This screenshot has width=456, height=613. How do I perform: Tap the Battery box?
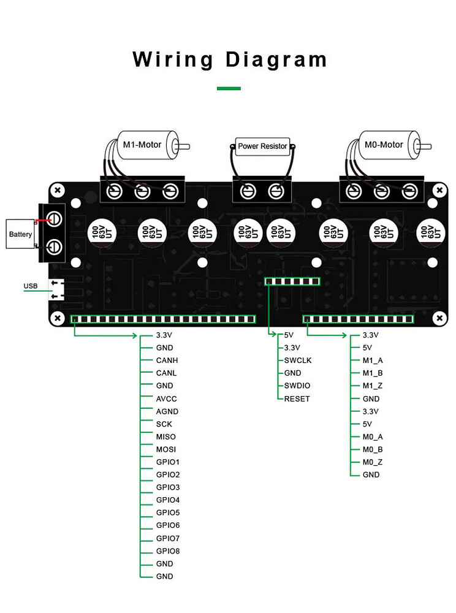point(21,234)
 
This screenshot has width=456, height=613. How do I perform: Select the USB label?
point(31,286)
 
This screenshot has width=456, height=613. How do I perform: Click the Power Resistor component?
point(262,147)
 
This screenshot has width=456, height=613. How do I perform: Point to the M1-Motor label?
point(142,145)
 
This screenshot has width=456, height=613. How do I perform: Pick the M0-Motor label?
point(384,145)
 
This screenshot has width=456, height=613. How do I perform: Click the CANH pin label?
point(167,360)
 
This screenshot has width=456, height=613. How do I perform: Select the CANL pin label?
point(166,373)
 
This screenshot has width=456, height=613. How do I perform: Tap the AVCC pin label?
point(166,398)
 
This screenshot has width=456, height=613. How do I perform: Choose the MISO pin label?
point(165,436)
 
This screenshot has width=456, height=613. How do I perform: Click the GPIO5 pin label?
point(168,512)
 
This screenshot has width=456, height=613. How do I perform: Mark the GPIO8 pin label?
point(168,551)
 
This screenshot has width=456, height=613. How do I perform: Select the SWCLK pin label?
point(298,360)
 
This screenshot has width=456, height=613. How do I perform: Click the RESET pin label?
point(297,398)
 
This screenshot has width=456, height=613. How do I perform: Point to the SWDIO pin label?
point(297,386)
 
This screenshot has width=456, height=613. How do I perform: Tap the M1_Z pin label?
point(373,386)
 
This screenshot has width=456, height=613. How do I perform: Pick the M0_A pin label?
point(373,436)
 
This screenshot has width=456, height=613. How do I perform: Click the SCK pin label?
point(164,424)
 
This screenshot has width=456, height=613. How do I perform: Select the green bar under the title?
point(229,88)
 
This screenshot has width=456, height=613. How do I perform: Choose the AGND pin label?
point(167,411)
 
